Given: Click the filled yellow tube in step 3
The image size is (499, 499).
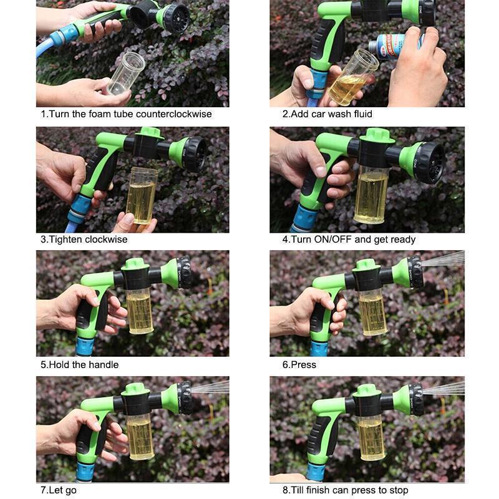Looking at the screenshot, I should coord(141,195).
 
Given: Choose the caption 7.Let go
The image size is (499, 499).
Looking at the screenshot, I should coord(59,490).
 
